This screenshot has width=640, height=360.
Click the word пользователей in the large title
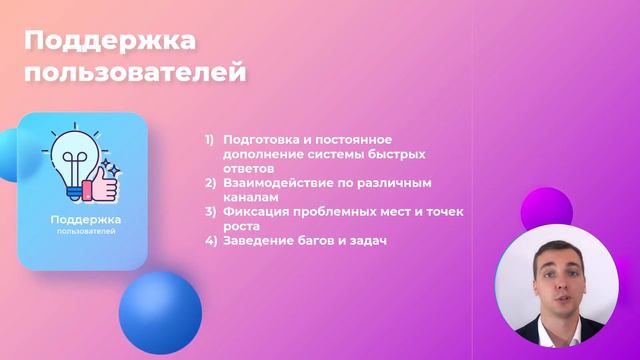[135, 73]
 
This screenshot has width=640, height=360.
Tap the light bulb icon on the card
[72, 159]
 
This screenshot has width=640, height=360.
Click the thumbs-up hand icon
[101, 182]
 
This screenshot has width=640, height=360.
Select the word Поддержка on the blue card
[85, 219]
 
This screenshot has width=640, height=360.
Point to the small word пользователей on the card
[85, 232]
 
